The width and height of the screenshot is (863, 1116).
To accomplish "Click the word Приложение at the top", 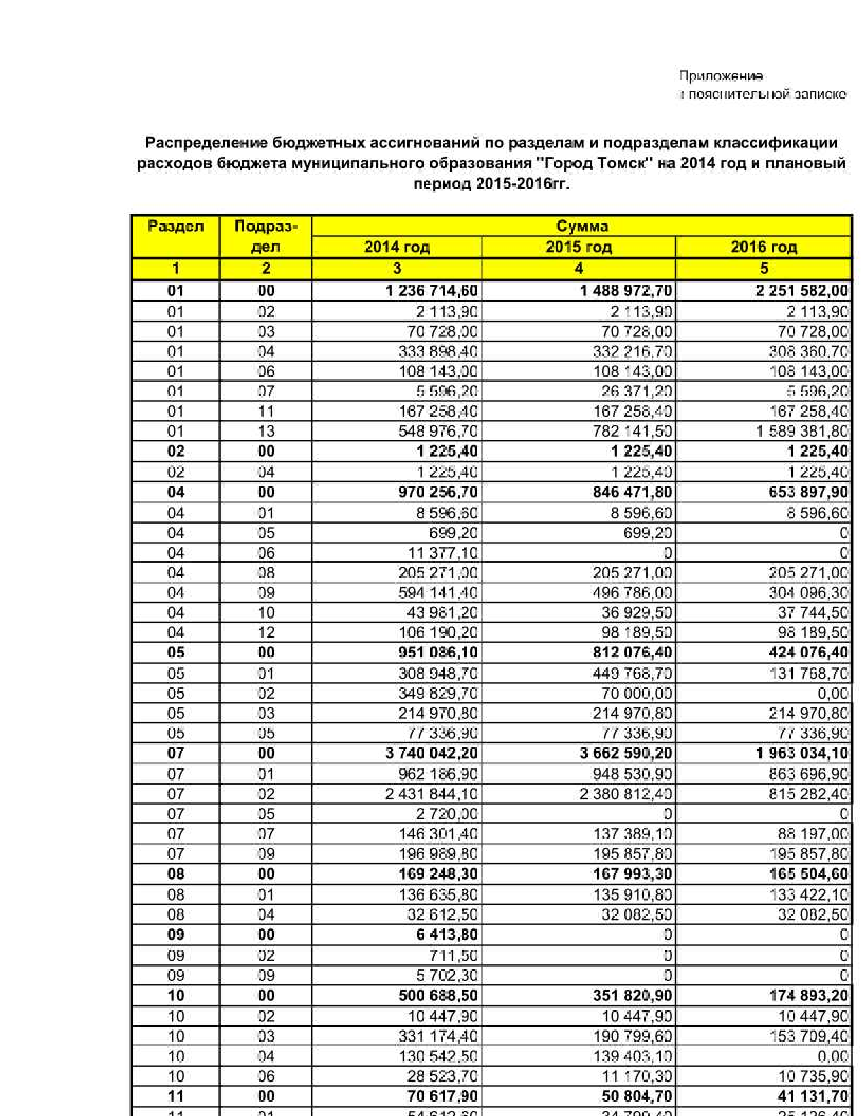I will [720, 76].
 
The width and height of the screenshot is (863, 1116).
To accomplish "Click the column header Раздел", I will [175, 226].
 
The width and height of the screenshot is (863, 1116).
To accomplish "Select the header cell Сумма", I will [581, 226].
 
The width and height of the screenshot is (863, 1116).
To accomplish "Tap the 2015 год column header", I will [579, 247].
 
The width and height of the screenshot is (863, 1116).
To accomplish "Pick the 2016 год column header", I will [764, 247].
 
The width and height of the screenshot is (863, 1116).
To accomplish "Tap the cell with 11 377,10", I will [442, 553].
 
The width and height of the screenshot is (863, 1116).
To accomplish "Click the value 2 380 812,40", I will [626, 794].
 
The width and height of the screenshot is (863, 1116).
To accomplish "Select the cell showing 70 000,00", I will [637, 693].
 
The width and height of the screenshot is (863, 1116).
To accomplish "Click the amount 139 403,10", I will [633, 1056].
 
